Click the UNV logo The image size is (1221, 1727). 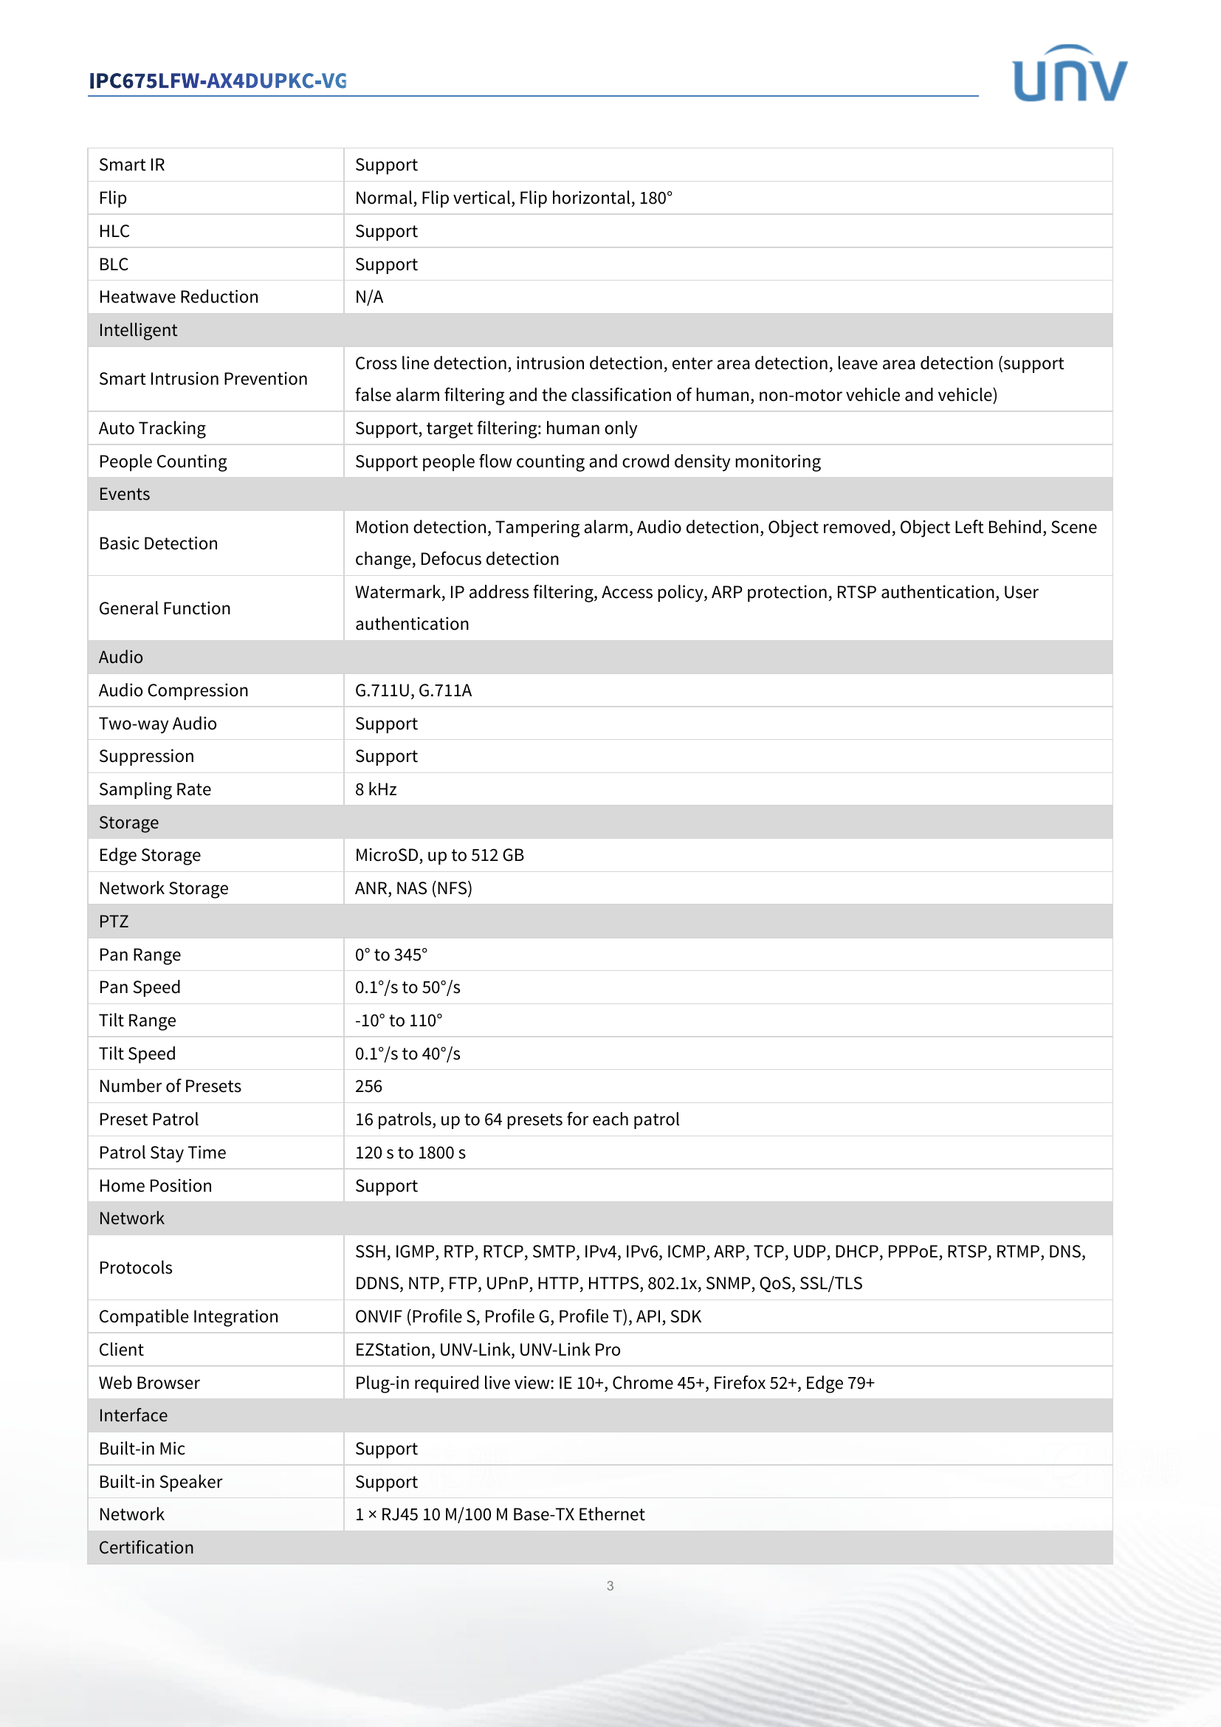tap(1069, 74)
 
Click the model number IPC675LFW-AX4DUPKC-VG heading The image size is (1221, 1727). tap(217, 81)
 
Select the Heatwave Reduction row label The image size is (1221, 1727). tap(178, 297)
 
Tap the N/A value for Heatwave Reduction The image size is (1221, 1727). tap(368, 297)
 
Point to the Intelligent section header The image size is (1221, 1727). tap(138, 330)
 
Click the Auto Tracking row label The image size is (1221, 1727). tap(152, 429)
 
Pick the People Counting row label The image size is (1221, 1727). tap(162, 461)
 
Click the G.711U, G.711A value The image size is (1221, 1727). tap(413, 690)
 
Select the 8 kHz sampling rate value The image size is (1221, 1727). tap(375, 790)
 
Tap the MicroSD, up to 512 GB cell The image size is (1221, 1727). tap(439, 855)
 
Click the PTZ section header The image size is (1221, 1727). tap(114, 921)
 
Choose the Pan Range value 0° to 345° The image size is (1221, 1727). tap(391, 955)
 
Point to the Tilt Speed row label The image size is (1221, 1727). tap(137, 1054)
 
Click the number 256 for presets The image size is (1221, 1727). tap(368, 1086)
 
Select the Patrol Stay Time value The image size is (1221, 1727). tap(410, 1153)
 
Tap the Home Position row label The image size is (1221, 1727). tap(155, 1187)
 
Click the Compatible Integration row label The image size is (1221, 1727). tap(188, 1317)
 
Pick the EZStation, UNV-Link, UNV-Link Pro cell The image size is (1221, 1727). tap(487, 1350)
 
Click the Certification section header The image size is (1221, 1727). tap(146, 1548)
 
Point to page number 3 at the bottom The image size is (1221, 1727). tap(610, 1586)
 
